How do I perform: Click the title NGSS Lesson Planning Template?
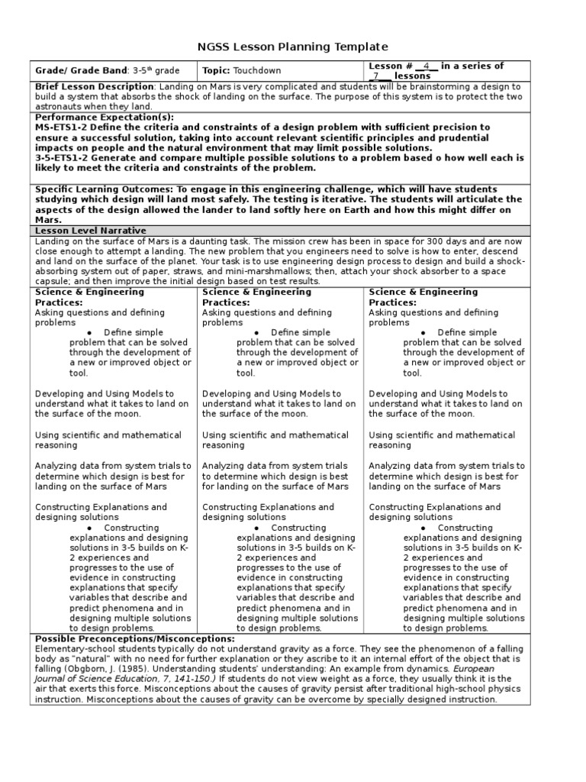[293, 47]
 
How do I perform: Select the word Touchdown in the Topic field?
[257, 71]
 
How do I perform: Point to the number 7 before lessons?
[376, 76]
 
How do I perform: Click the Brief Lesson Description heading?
[95, 87]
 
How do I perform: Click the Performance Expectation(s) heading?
[105, 117]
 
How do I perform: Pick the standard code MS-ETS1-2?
[65, 127]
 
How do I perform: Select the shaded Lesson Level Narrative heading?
[91, 230]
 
